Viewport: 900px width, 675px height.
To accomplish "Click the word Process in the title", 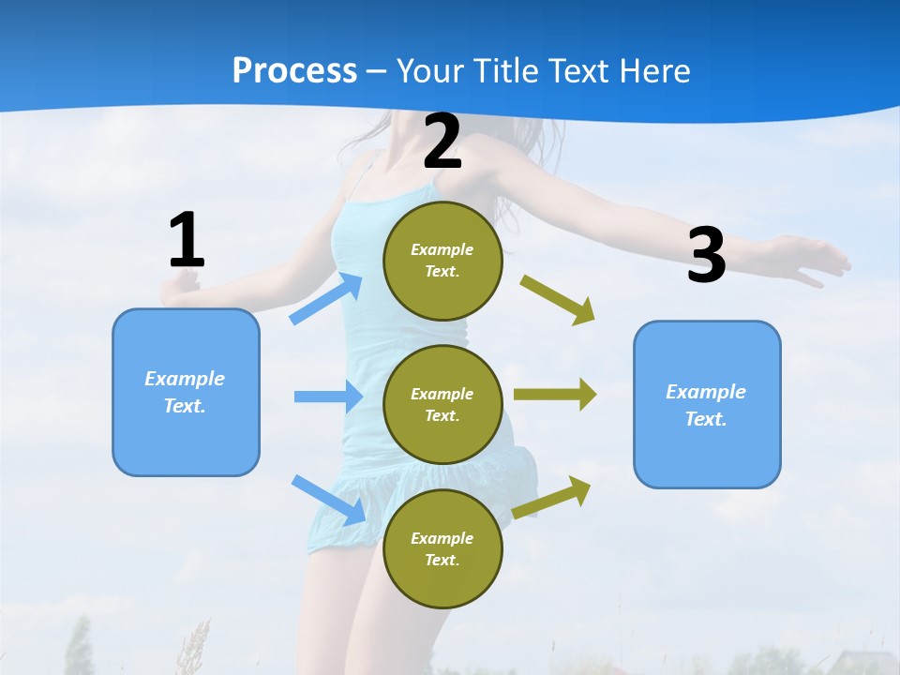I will click(x=294, y=71).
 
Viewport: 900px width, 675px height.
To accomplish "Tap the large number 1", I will click(x=186, y=241).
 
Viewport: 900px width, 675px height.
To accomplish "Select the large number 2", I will click(x=442, y=142).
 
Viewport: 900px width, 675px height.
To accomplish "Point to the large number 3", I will click(x=707, y=256).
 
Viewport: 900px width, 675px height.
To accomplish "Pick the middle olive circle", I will click(x=442, y=404).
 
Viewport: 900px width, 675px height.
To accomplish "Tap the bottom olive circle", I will click(x=442, y=548).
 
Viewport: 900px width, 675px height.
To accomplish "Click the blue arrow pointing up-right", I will click(x=326, y=298).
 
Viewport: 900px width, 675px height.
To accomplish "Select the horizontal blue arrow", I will click(x=328, y=397).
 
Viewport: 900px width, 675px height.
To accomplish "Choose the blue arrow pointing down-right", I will click(x=329, y=500).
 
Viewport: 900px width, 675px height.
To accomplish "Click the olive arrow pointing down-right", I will click(x=558, y=299).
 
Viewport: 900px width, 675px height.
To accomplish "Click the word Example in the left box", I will click(x=185, y=379).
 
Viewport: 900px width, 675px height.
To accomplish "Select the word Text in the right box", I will click(x=705, y=419).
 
